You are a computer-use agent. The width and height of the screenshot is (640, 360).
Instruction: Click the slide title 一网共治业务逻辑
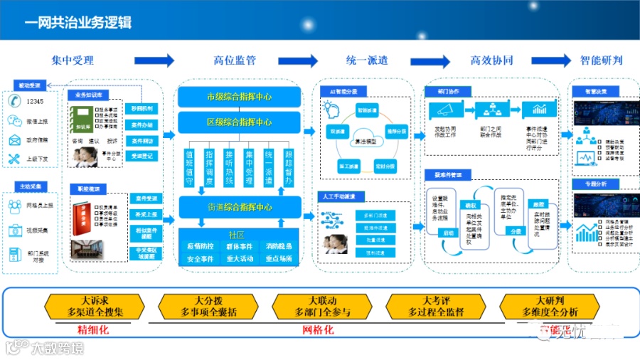tap(78, 22)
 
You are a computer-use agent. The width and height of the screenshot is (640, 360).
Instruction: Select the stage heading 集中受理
tap(73, 60)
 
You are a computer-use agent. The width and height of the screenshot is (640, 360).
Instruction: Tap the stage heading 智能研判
tap(601, 60)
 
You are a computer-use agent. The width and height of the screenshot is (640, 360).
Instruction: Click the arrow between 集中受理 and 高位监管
tap(154, 60)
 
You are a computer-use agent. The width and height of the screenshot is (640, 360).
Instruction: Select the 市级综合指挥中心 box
tap(239, 97)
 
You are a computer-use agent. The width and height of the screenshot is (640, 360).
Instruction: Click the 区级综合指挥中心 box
tap(239, 122)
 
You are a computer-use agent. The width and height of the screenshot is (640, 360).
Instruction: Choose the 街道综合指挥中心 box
tap(239, 208)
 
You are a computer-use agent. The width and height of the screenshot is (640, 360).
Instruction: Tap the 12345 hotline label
tap(35, 102)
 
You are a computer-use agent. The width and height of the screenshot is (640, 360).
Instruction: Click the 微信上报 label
tap(38, 121)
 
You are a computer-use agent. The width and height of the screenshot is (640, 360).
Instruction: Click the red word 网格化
tap(319, 329)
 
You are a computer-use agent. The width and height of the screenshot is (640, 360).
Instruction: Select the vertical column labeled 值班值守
tap(189, 167)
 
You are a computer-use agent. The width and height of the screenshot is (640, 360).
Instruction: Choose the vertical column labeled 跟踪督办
tap(289, 167)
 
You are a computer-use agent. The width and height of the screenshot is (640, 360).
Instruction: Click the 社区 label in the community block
tap(236, 234)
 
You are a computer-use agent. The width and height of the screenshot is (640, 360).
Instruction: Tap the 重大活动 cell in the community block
tap(240, 259)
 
